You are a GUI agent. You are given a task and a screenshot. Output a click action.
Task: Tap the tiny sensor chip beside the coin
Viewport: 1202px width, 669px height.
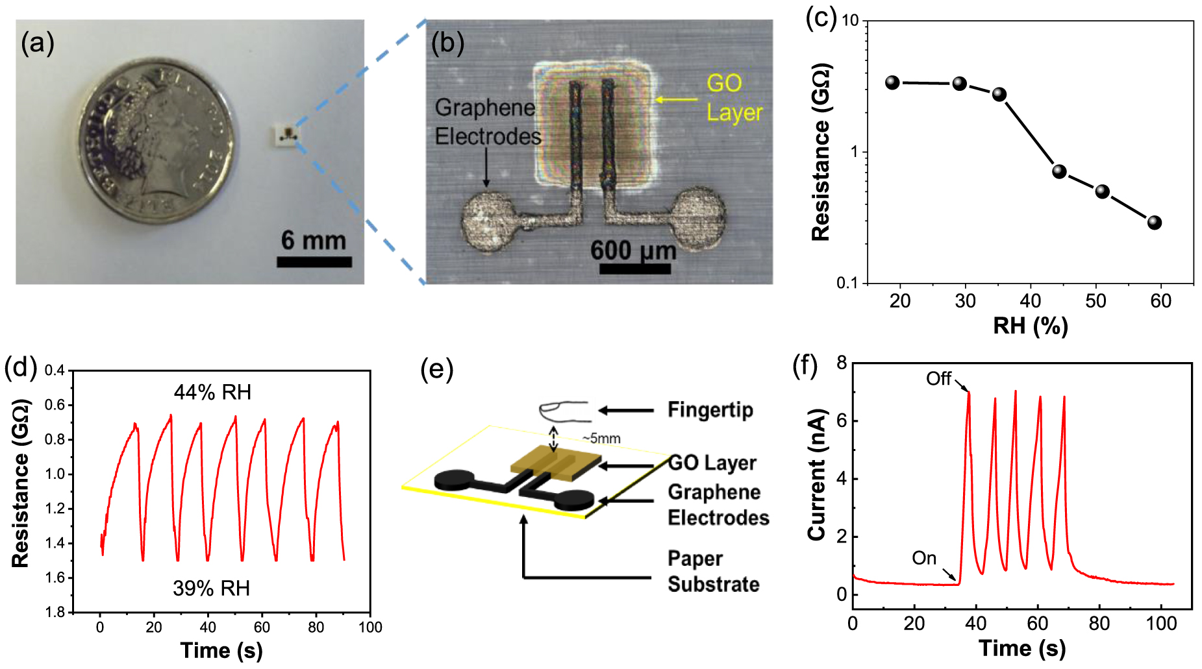(x=287, y=134)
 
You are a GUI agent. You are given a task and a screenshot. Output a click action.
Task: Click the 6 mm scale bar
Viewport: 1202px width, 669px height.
(x=314, y=262)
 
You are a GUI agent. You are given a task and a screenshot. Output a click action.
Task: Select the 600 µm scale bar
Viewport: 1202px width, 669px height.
(x=634, y=268)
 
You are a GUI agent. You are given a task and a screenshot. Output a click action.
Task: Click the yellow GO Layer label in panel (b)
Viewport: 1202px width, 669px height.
(x=734, y=97)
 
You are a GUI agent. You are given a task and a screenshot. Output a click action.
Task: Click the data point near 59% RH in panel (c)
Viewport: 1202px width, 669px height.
(x=1154, y=223)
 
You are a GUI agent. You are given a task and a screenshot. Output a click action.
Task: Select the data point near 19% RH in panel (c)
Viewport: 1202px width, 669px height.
(x=892, y=82)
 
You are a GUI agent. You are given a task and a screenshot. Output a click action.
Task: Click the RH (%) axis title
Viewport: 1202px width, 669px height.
(x=1030, y=325)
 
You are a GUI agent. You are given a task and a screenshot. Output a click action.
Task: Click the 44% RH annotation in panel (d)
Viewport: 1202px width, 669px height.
(x=212, y=392)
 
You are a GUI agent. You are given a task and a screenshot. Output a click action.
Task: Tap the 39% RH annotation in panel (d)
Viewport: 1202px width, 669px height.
(x=211, y=588)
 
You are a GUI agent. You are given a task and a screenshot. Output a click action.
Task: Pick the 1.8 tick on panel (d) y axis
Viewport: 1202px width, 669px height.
(x=55, y=612)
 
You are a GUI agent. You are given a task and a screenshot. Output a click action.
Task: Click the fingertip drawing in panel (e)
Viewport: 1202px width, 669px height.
(x=562, y=410)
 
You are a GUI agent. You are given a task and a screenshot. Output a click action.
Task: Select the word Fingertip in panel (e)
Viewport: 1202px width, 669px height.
(x=710, y=410)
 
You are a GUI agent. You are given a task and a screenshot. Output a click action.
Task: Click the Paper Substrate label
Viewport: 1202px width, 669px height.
(x=713, y=571)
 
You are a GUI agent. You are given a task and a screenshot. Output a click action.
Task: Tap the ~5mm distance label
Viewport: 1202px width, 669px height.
(x=601, y=439)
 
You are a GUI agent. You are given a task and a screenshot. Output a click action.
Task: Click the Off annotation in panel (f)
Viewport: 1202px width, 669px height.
(x=938, y=378)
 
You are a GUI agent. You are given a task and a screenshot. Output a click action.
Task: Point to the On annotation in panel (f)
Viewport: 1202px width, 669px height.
(x=923, y=558)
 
